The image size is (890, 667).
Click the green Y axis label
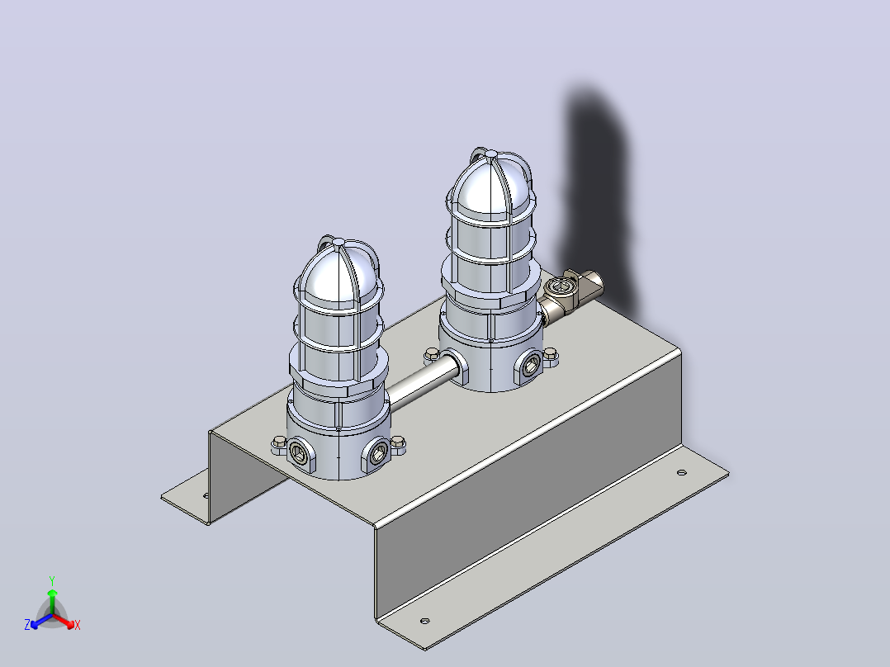coord(52,580)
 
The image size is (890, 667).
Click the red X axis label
coord(78,625)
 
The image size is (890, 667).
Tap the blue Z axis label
coord(27,624)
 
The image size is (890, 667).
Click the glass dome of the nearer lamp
coord(338,275)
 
